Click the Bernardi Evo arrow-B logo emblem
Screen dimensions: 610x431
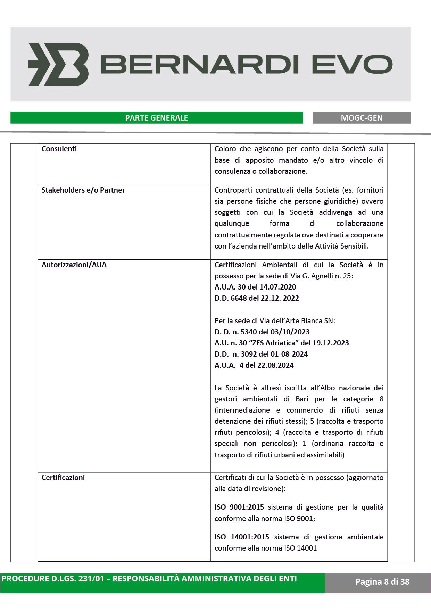coord(58,64)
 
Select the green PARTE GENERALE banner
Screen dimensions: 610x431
coord(156,118)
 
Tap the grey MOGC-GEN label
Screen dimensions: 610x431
coord(362,118)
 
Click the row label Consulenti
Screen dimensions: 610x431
coord(59,149)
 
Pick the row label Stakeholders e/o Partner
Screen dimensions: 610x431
coord(83,190)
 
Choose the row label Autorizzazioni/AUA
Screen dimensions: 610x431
coord(74,265)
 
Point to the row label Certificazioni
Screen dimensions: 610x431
coord(63,478)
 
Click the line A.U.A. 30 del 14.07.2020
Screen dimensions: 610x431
coord(255,287)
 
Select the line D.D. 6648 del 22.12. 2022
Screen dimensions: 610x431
coord(257,298)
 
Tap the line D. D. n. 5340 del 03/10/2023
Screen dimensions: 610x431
coord(262,332)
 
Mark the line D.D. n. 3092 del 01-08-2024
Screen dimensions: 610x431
coord(261,354)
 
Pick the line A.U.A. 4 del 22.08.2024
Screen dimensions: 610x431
coord(254,365)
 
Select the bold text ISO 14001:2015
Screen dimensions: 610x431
coord(242,537)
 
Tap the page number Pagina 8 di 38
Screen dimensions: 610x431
coord(382,582)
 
